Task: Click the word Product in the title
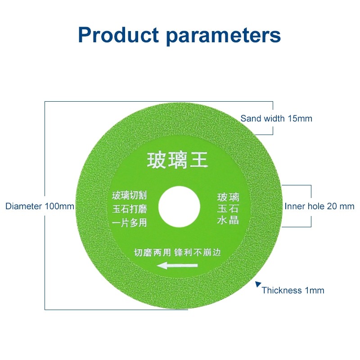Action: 118,35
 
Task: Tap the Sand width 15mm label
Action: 276,118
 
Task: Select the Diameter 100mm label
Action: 40,206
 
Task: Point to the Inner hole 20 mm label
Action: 319,206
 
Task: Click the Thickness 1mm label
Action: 293,290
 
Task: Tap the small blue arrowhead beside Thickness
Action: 258,284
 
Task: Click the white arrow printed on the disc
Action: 177,265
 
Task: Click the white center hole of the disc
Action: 179,207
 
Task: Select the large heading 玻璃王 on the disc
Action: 177,160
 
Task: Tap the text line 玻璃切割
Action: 129,195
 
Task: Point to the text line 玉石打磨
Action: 130,209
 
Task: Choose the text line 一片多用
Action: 129,223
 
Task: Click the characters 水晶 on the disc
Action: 228,220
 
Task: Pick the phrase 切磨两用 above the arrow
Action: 153,252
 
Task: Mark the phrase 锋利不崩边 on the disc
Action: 198,252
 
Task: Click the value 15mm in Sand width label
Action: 300,118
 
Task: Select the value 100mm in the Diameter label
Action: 59,206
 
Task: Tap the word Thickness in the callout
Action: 282,290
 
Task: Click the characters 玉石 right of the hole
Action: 228,208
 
